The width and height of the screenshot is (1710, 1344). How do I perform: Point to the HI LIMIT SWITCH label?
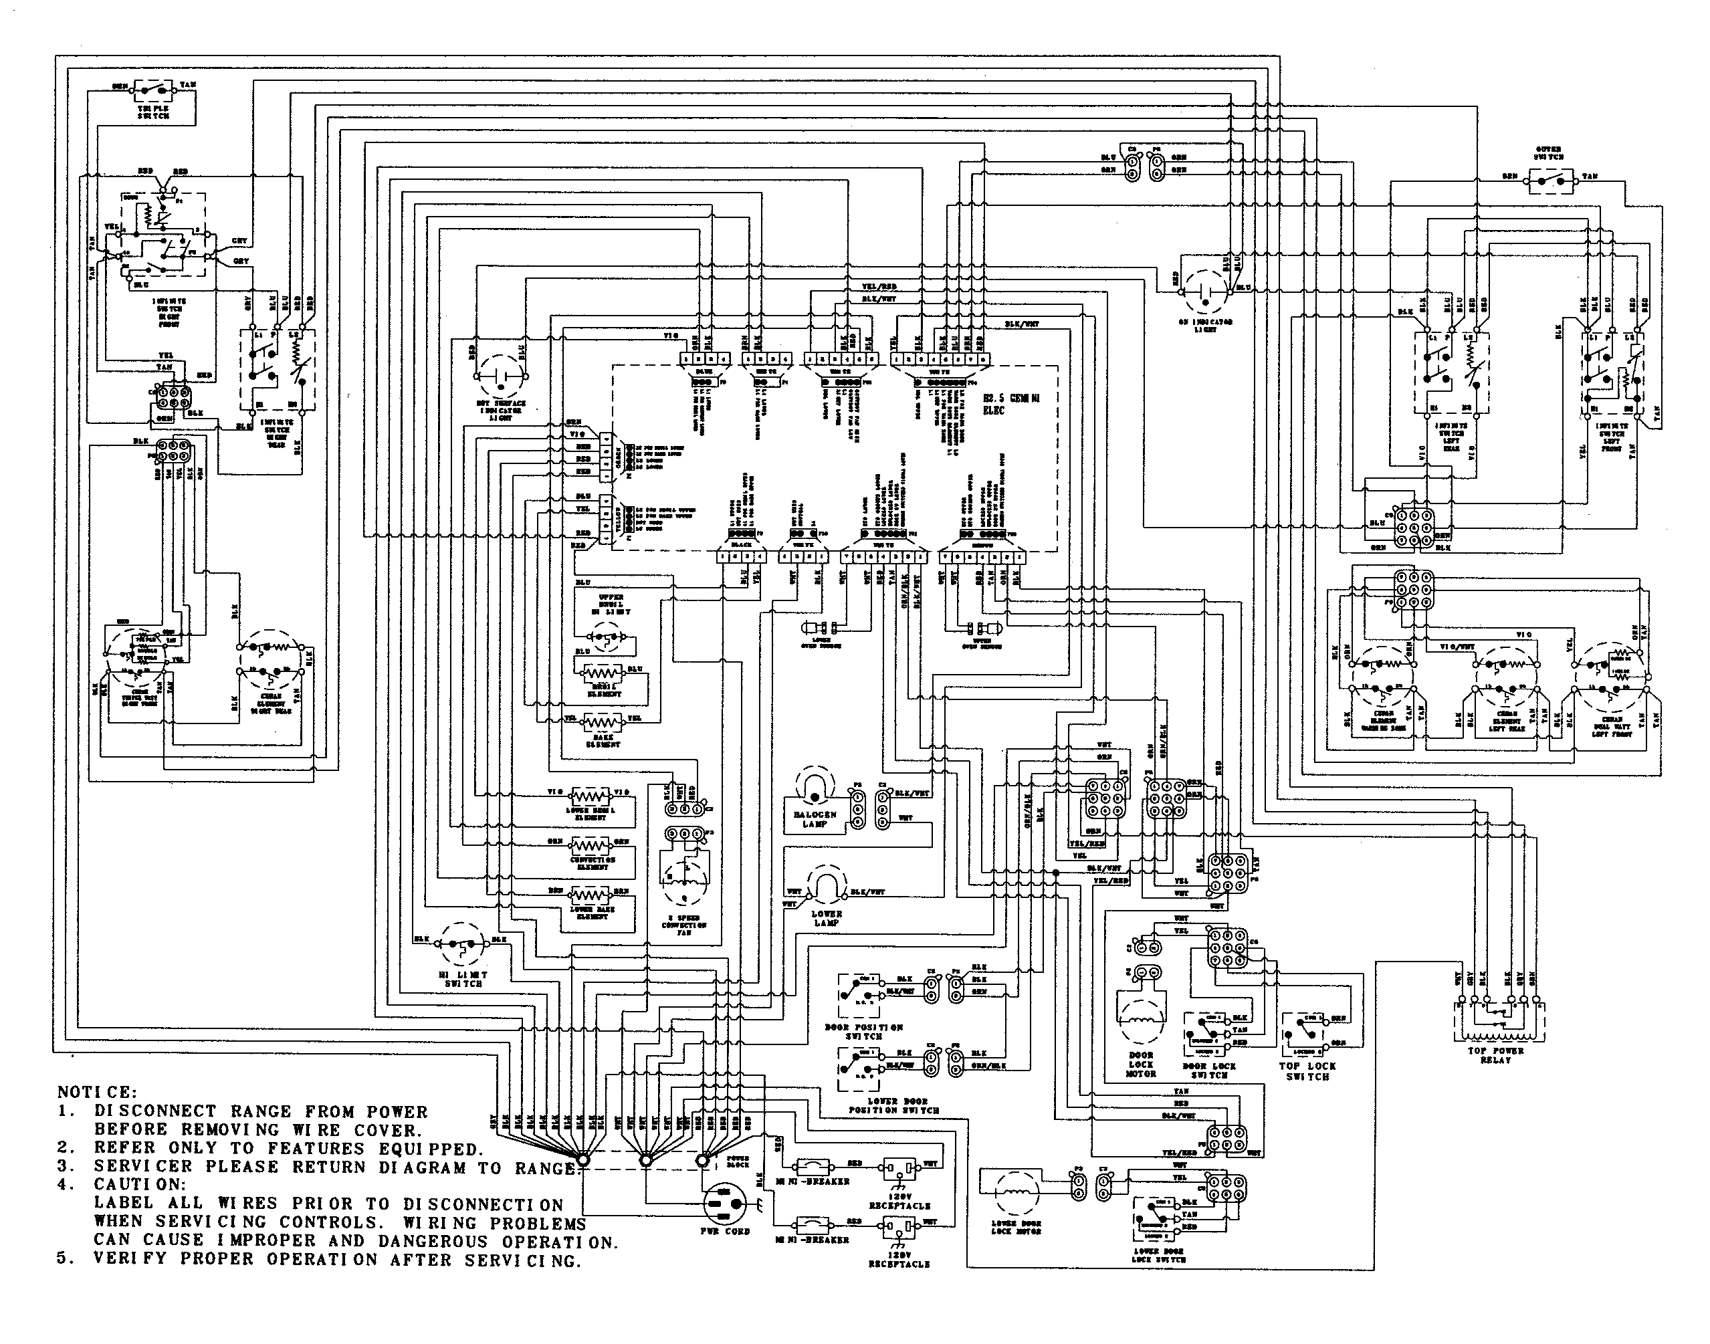click(x=463, y=979)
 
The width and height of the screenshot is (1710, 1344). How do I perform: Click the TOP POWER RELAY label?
click(x=1495, y=1055)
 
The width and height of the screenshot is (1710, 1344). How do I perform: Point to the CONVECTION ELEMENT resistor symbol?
click(x=591, y=844)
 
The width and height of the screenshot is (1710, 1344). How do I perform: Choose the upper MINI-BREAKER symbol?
click(x=812, y=1165)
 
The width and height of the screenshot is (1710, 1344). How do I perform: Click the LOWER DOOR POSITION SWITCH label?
click(x=893, y=1105)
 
